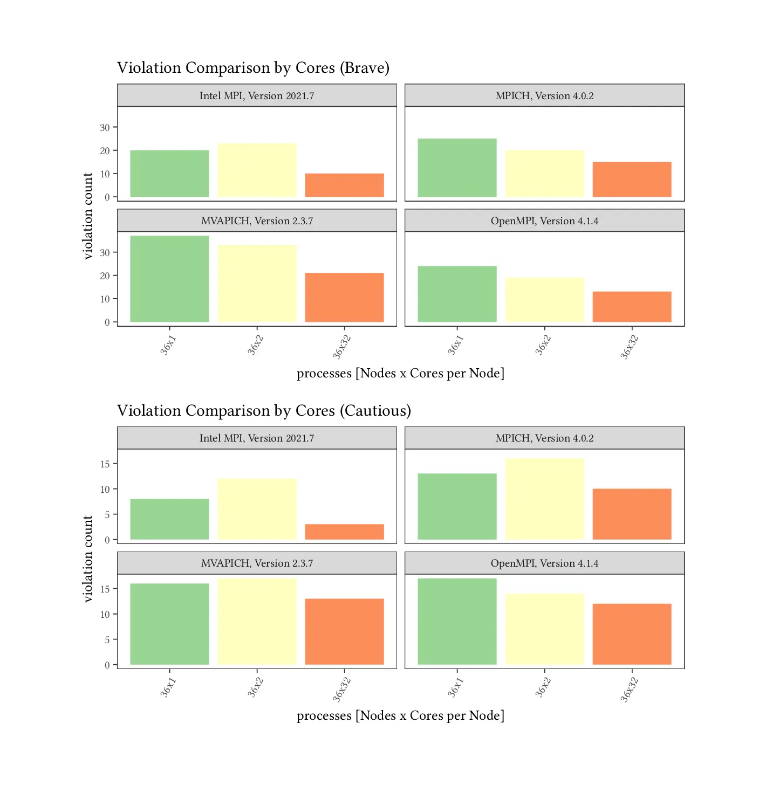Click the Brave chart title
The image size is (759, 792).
(x=253, y=68)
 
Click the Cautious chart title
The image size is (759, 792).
(x=264, y=411)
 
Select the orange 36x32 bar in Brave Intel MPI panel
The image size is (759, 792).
(x=344, y=185)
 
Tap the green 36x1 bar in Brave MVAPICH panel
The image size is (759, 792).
(x=169, y=279)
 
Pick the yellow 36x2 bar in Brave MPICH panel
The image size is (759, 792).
(x=544, y=174)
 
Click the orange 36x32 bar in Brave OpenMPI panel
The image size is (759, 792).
(x=632, y=307)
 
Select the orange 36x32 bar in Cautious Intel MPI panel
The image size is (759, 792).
(x=344, y=532)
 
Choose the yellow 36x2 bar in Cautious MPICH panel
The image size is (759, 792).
(x=544, y=499)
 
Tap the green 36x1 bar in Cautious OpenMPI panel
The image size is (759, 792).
(x=457, y=621)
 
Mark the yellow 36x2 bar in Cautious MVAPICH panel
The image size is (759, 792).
(x=257, y=621)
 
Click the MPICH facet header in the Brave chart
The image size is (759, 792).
(x=544, y=95)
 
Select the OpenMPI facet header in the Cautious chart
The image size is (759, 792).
(x=544, y=563)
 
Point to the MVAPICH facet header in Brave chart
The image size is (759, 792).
(x=257, y=221)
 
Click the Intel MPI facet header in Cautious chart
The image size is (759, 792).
(x=257, y=438)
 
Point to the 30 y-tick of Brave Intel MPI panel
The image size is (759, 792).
(x=105, y=128)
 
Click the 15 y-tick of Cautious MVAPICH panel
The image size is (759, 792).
(x=105, y=589)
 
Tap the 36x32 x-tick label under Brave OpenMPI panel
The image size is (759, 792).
(x=629, y=347)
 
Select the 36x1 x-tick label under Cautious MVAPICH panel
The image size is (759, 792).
(x=168, y=687)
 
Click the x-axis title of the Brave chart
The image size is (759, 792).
(x=400, y=373)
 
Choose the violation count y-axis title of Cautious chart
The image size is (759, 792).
(x=88, y=559)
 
